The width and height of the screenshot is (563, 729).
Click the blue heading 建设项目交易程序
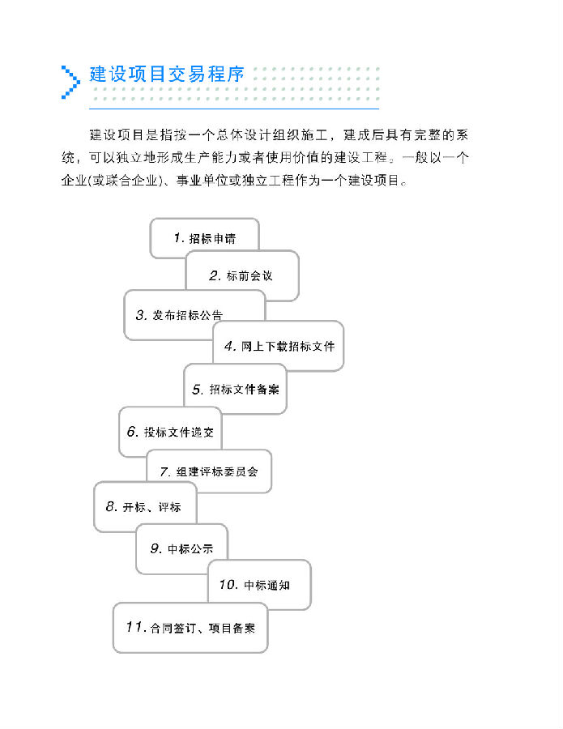(167, 75)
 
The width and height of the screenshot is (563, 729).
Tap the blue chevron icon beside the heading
(70, 83)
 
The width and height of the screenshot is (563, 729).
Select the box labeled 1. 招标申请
(205, 238)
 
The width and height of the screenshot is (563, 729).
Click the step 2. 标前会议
(242, 275)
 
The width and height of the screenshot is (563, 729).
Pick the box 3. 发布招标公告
(194, 315)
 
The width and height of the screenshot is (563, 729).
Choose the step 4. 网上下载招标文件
(278, 346)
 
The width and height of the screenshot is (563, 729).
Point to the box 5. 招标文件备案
(235, 389)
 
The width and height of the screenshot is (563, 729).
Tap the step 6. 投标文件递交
(170, 432)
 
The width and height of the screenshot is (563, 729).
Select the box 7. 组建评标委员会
(209, 471)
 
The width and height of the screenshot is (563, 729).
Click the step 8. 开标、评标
(145, 507)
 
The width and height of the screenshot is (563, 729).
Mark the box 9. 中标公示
(181, 549)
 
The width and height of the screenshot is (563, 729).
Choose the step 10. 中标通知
(259, 584)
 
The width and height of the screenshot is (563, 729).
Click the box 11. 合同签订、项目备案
(190, 628)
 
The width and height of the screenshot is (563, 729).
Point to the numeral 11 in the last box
(134, 627)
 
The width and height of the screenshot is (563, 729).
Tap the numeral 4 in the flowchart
(228, 346)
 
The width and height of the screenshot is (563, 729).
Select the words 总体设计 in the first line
(243, 134)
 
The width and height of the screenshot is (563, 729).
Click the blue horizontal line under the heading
(234, 109)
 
